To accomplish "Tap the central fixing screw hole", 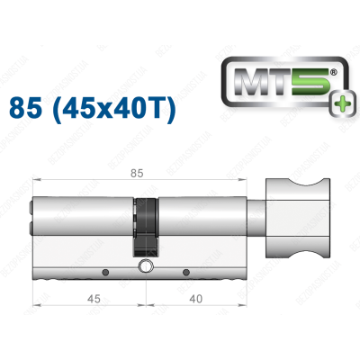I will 144,267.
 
